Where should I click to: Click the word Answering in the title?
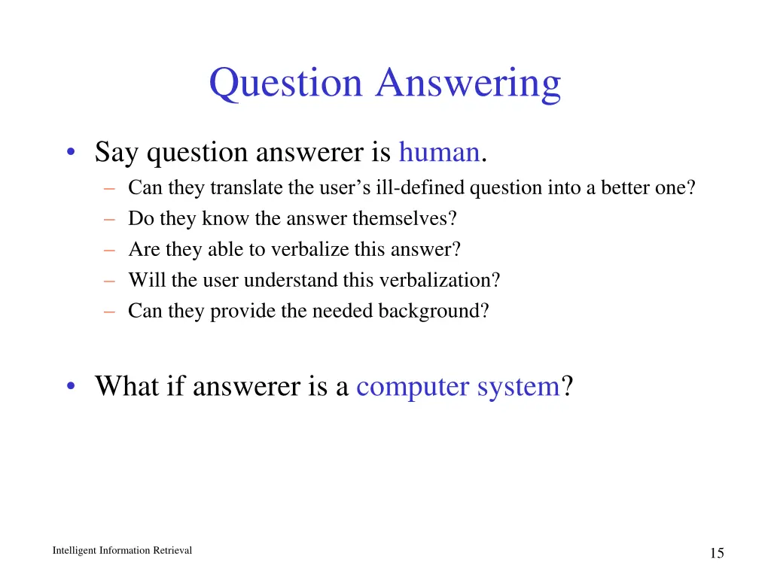click(468, 84)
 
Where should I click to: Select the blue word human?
click(439, 153)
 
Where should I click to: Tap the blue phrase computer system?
click(457, 387)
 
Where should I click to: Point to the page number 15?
click(716, 553)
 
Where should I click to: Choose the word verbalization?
click(438, 280)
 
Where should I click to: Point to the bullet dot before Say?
click(70, 154)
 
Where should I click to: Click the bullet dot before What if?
click(70, 388)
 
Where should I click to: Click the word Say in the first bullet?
click(117, 154)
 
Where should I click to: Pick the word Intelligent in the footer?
click(75, 551)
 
